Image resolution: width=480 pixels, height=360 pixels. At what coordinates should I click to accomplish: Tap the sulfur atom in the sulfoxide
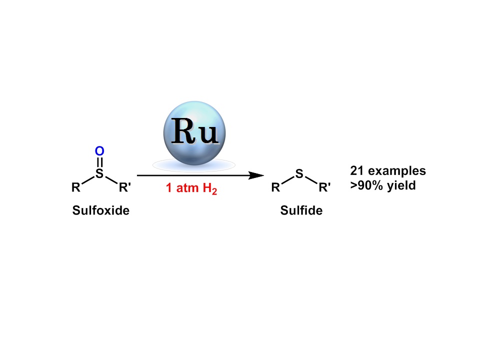tap(99, 173)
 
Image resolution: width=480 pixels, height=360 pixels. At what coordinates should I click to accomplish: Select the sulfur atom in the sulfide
tap(299, 174)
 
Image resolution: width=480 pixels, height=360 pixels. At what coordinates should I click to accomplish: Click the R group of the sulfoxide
tap(75, 188)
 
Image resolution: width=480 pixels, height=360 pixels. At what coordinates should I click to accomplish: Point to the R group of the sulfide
tap(275, 188)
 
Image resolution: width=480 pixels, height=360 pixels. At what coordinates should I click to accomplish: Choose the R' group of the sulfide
tap(324, 188)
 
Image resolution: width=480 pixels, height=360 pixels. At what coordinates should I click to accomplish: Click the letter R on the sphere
tap(183, 132)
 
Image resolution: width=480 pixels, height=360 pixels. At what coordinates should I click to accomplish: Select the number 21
tap(357, 171)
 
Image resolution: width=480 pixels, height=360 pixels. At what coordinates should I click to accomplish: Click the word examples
tap(397, 171)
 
